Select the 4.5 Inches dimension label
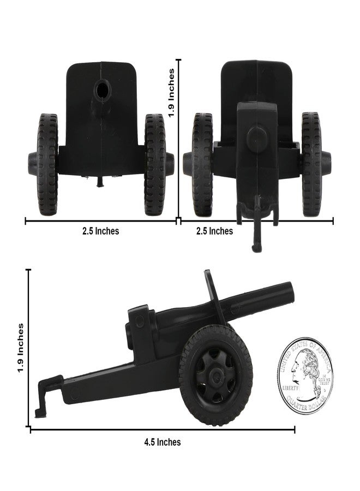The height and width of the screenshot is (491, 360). point(162,442)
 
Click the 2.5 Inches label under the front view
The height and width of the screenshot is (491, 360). point(100,231)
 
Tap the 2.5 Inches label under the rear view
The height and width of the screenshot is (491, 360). point(214,231)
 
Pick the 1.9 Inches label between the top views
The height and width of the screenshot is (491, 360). point(172,93)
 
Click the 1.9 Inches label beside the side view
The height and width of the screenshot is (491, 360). point(21,348)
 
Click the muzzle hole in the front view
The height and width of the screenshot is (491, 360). point(101,89)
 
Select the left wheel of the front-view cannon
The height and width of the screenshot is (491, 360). point(47,164)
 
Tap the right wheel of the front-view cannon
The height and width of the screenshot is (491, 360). point(155,164)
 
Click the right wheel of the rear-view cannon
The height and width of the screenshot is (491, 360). point(311,164)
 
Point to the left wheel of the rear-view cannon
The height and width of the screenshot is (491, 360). point(202,164)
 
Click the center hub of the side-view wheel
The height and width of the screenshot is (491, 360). point(215,375)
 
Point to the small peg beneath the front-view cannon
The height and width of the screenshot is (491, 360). point(99,182)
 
